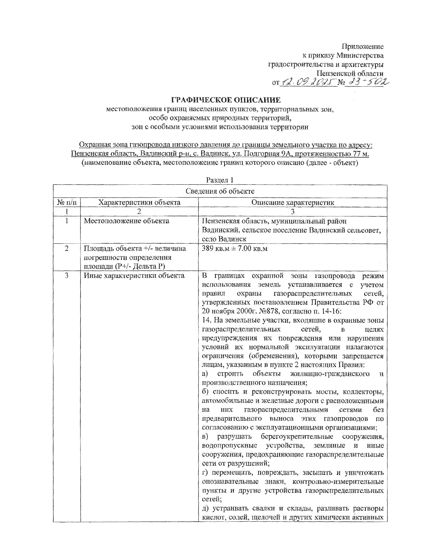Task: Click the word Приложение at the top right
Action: pyautogui.click(x=363, y=47)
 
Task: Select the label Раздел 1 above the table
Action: pyautogui.click(x=220, y=180)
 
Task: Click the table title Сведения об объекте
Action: pyautogui.click(x=220, y=191)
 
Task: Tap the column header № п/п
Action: pyautogui.click(x=67, y=203)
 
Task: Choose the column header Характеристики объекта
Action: pyautogui.click(x=139, y=203)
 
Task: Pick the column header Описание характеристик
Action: pyautogui.click(x=292, y=203)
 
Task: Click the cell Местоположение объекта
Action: pyautogui.click(x=127, y=221)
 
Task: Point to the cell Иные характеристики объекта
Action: pyautogui.click(x=134, y=276)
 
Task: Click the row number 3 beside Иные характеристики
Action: pyautogui.click(x=67, y=276)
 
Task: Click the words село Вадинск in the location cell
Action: pyautogui.click(x=224, y=239)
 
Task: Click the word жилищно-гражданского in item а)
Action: pyautogui.click(x=330, y=374)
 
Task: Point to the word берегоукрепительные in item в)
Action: pyautogui.click(x=297, y=437)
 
